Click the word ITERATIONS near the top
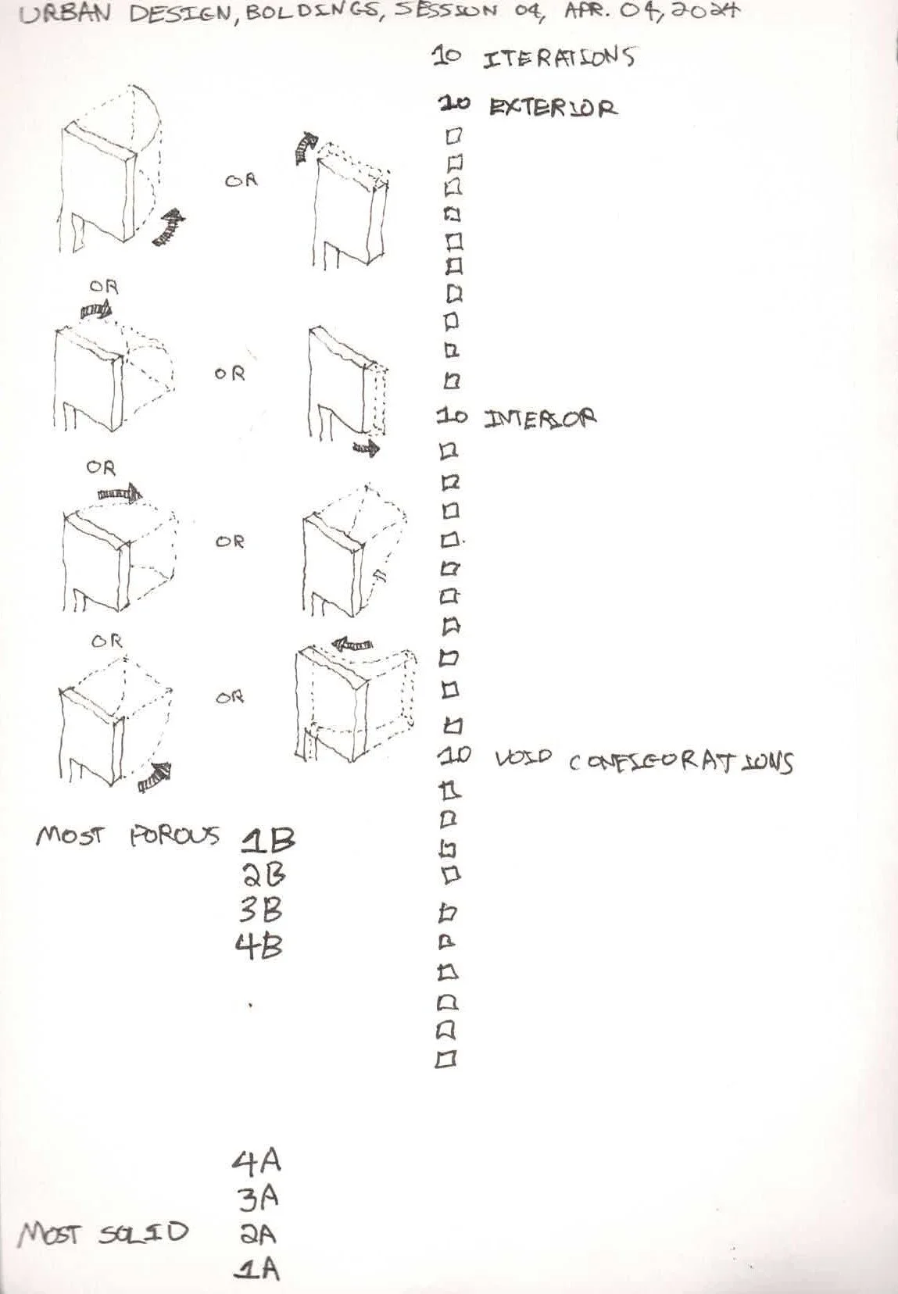[558, 58]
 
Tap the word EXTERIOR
[553, 107]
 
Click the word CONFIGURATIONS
[680, 762]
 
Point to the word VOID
[524, 758]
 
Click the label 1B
[268, 841]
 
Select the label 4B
[259, 946]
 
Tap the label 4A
[256, 1161]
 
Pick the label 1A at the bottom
[257, 1268]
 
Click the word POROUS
[174, 836]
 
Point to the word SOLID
[144, 1233]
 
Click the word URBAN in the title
[65, 15]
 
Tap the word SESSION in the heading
[446, 12]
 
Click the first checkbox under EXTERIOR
[453, 136]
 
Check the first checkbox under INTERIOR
[449, 451]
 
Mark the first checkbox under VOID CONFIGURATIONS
[451, 791]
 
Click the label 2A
[258, 1234]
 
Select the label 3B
[261, 910]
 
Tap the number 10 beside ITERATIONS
[447, 56]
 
